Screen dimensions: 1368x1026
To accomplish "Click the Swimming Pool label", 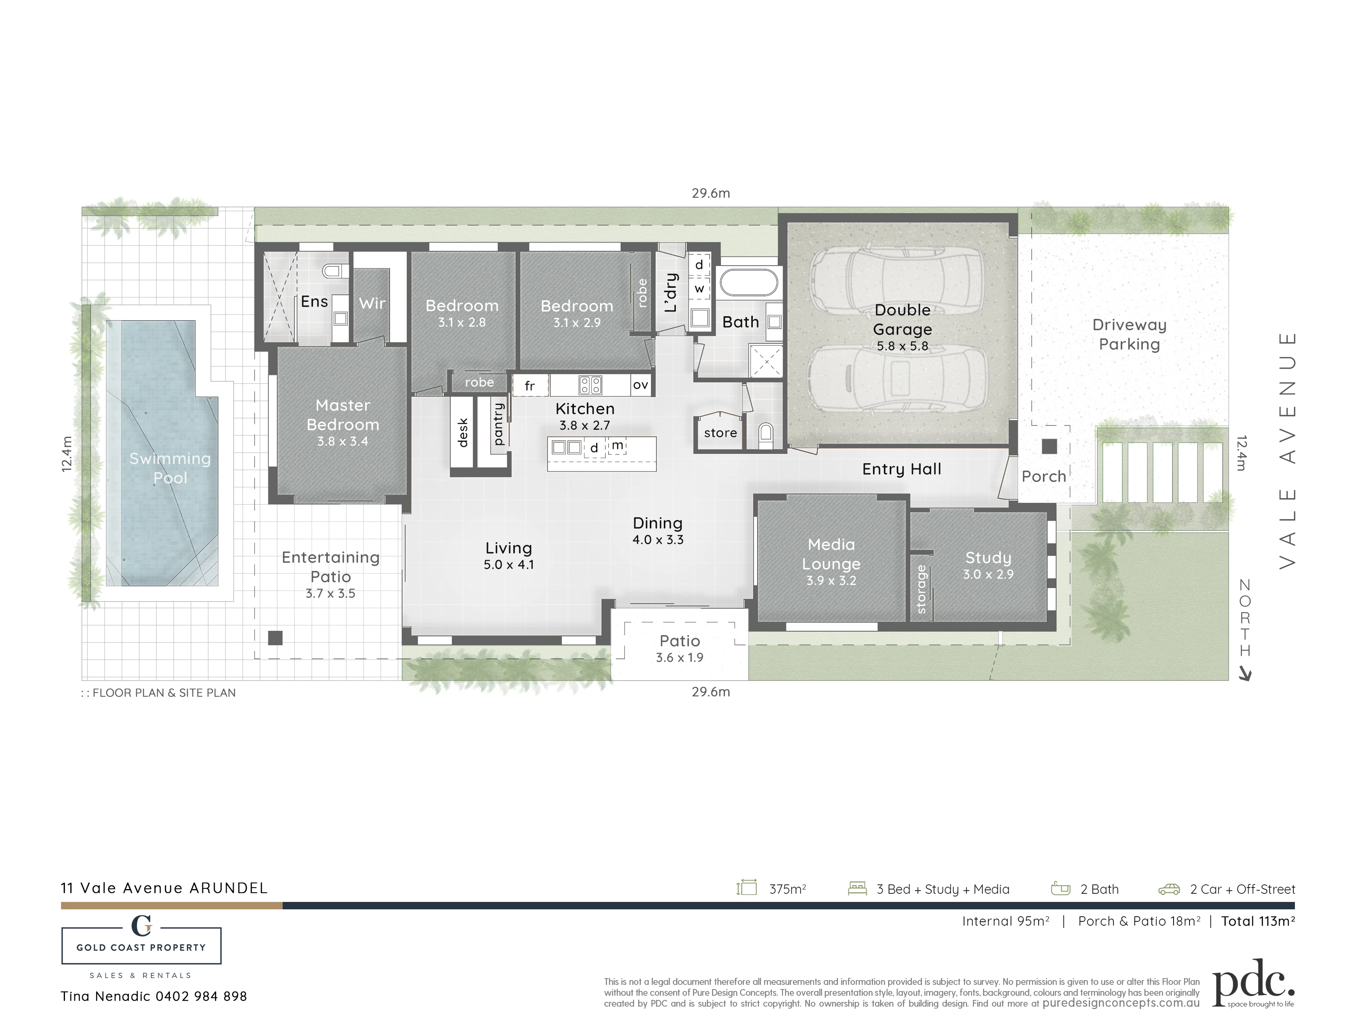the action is (x=170, y=468).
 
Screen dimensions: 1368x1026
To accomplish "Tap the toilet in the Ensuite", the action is (x=334, y=271).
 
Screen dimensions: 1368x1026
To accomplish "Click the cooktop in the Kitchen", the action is (x=590, y=385).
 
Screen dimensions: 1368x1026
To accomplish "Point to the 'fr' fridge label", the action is (x=529, y=386).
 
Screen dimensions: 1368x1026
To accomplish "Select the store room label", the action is (x=721, y=433).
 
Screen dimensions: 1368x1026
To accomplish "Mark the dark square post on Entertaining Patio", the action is (x=275, y=637).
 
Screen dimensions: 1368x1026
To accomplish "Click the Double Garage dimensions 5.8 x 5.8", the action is (x=902, y=346).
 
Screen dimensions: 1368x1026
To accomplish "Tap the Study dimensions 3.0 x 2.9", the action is (x=988, y=574).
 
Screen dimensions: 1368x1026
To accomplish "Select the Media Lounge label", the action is (x=831, y=554).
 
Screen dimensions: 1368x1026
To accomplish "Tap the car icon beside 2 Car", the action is (x=1169, y=889).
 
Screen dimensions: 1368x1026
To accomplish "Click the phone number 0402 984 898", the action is (x=201, y=996).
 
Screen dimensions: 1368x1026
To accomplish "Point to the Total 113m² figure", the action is (x=1258, y=921).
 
